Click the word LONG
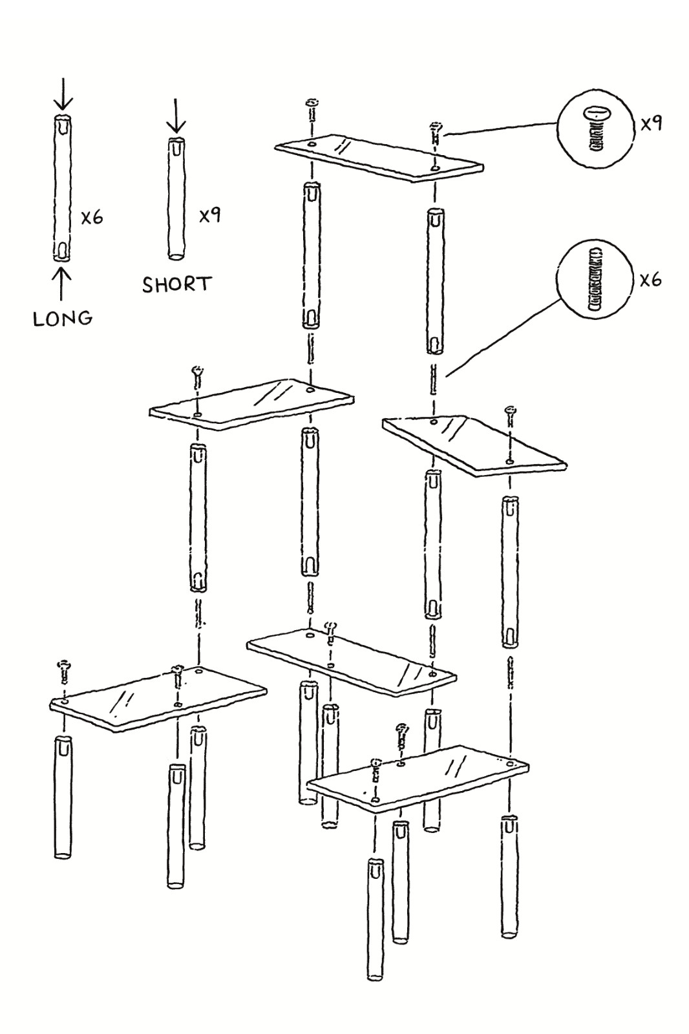[x=63, y=318]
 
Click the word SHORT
[x=176, y=284]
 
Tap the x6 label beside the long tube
[x=92, y=217]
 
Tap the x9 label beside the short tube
[x=209, y=215]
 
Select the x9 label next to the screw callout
[x=651, y=123]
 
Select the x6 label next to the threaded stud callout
[x=650, y=280]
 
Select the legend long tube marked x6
[x=63, y=187]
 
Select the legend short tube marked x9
[x=176, y=198]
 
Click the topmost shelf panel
[x=378, y=157]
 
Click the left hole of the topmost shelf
[x=312, y=144]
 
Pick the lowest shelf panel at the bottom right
[x=417, y=776]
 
